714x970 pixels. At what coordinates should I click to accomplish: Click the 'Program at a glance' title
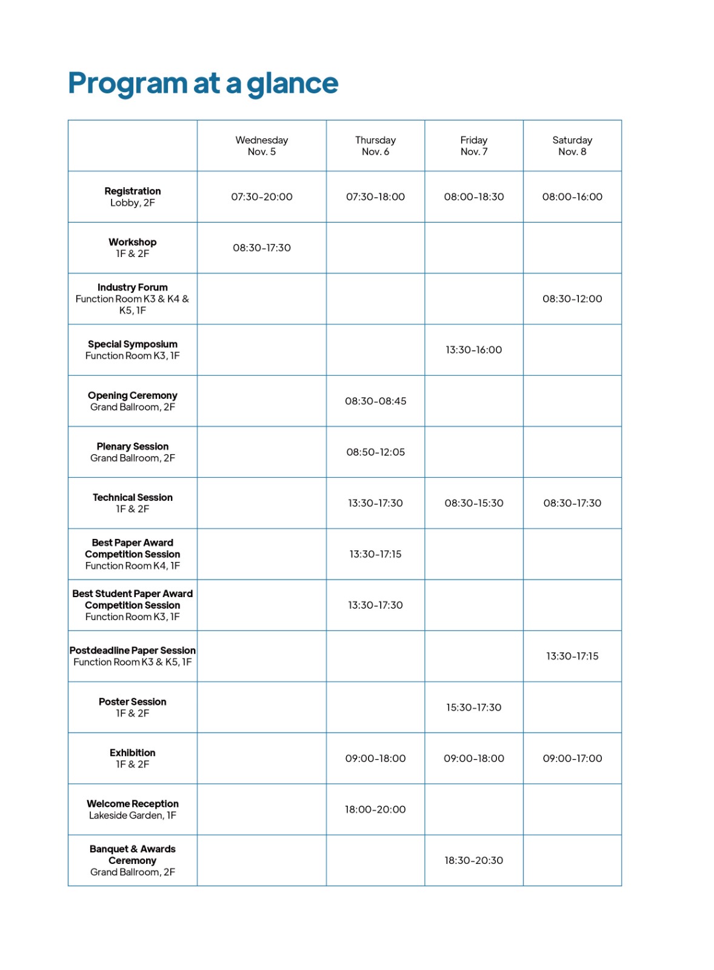point(202,83)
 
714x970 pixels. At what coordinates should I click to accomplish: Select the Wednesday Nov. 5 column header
point(261,145)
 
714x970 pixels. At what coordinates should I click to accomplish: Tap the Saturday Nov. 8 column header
point(572,145)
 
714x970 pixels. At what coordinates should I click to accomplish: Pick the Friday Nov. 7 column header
point(473,145)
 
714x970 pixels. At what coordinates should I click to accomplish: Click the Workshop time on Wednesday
point(261,247)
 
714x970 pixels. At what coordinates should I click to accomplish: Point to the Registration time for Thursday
point(375,196)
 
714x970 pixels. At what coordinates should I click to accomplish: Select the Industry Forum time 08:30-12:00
point(572,298)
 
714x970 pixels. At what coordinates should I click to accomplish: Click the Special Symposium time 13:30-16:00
point(473,350)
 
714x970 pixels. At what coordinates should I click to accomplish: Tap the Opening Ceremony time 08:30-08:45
point(375,401)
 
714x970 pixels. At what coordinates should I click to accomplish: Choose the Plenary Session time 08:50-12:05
point(375,452)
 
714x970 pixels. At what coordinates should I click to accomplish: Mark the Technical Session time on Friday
point(473,503)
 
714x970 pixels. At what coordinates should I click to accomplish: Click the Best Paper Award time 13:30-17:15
point(375,554)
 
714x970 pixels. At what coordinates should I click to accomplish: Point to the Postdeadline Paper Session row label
point(132,656)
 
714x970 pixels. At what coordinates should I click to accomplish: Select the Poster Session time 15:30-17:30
point(473,707)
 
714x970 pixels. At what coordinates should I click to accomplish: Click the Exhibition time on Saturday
point(572,758)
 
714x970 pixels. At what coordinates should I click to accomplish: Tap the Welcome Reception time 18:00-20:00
point(375,809)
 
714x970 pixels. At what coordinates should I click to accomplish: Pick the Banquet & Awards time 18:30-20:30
point(473,860)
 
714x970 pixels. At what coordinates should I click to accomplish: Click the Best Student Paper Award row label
point(132,605)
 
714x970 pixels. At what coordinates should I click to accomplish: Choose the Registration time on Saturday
point(572,196)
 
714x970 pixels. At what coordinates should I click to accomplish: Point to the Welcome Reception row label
point(132,809)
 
